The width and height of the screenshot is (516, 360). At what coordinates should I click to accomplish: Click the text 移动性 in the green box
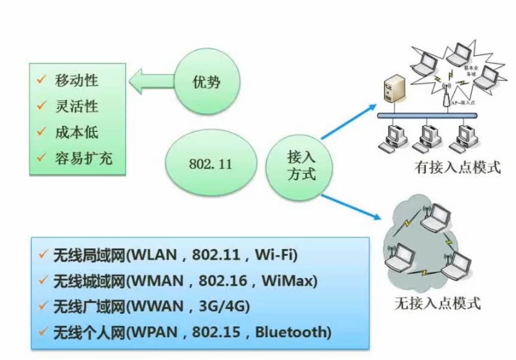click(x=77, y=79)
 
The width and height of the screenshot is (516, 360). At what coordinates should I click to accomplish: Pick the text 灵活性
click(x=77, y=105)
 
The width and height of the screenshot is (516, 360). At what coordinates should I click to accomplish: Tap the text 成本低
click(x=77, y=132)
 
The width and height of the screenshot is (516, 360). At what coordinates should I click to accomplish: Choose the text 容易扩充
click(x=83, y=158)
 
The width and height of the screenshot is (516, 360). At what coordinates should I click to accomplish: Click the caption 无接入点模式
click(x=438, y=303)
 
